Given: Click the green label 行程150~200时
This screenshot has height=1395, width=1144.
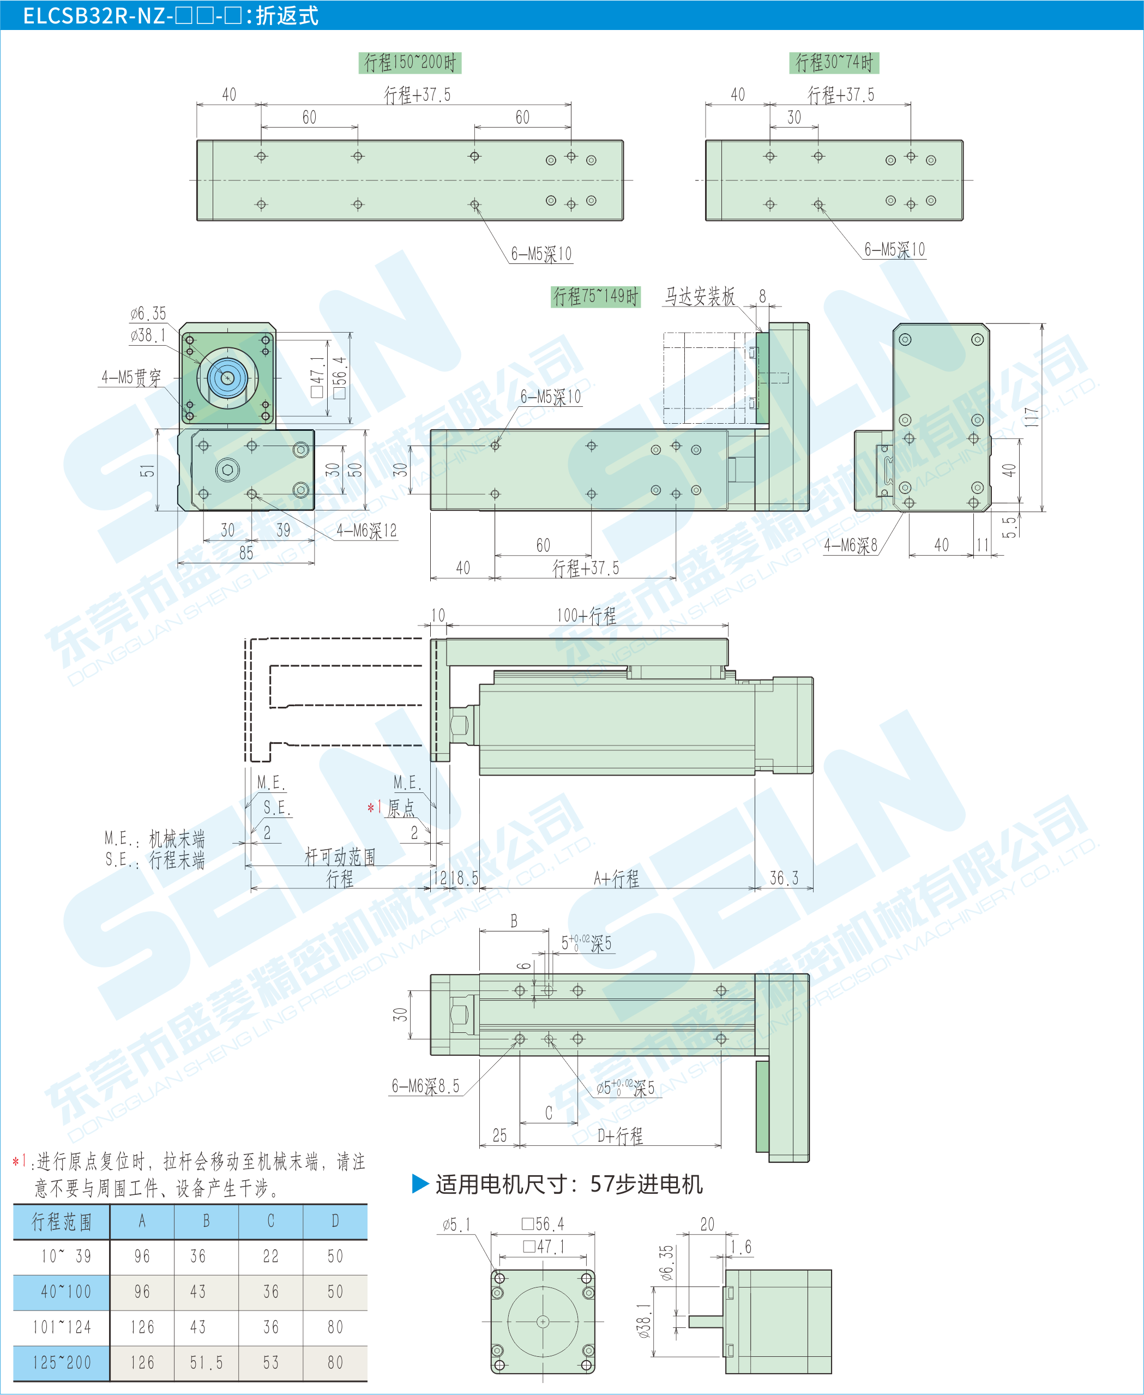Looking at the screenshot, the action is click(410, 63).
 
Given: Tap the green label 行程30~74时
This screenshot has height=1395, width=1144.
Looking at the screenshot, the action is click(834, 63).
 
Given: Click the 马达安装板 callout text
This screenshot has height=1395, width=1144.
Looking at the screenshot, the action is click(699, 297).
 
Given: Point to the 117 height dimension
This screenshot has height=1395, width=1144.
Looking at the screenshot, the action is click(1031, 417).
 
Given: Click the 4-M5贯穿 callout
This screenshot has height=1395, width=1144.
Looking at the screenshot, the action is click(131, 377).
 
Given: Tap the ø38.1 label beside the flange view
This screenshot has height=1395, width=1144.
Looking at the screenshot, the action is click(148, 335).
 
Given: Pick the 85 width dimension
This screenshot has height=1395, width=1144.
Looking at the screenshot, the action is click(246, 553).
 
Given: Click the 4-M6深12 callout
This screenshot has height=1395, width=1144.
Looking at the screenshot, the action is click(366, 531).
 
